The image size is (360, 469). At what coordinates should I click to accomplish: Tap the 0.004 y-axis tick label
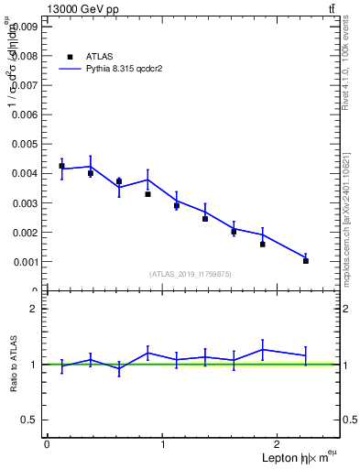pyautogui.click(x=25, y=173)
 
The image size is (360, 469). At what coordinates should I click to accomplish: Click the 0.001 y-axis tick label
pyautogui.click(x=25, y=262)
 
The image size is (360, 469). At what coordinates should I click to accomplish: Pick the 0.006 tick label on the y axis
pyautogui.click(x=25, y=115)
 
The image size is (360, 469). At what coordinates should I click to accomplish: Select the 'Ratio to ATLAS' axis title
pyautogui.click(x=14, y=364)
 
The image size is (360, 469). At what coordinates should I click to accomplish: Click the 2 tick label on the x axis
pyautogui.click(x=279, y=444)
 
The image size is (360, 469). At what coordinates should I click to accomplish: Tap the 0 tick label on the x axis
pyautogui.click(x=47, y=444)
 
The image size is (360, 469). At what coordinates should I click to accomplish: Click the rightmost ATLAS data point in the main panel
pyautogui.click(x=306, y=261)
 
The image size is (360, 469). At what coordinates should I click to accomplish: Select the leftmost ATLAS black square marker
pyautogui.click(x=61, y=166)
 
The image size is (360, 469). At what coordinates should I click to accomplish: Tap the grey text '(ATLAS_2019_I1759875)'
pyautogui.click(x=191, y=273)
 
